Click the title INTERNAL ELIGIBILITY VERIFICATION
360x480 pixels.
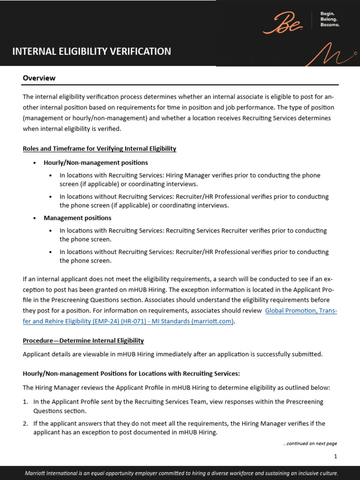pyautogui.click(x=92, y=52)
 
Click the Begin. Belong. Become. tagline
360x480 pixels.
pyautogui.click(x=330, y=19)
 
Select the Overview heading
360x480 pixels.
pyautogui.click(x=39, y=78)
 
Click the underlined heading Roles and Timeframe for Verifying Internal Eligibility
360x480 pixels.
pyautogui.click(x=99, y=149)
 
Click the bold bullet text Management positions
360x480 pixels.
pyautogui.click(x=77, y=218)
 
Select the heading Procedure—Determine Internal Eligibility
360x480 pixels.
pyautogui.click(x=83, y=340)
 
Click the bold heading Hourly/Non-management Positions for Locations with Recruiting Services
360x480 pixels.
pyautogui.click(x=131, y=374)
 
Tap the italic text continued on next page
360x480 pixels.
pyautogui.click(x=310, y=443)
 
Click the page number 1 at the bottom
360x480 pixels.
pyautogui.click(x=335, y=456)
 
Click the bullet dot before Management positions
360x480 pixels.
pyautogui.click(x=35, y=218)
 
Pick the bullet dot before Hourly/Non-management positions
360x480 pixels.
pyautogui.click(x=35, y=163)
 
